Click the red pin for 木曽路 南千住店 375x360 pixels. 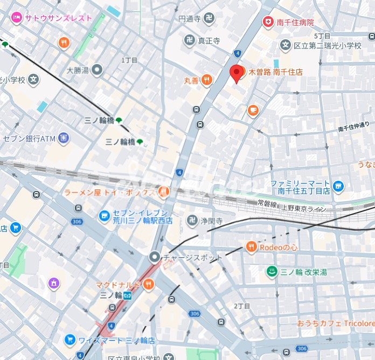pyautogui.click(x=236, y=73)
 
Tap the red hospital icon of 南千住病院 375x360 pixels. pyautogui.click(x=267, y=22)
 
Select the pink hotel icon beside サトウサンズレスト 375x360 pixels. pyautogui.click(x=17, y=18)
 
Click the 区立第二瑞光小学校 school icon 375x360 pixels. pyautogui.click(x=285, y=45)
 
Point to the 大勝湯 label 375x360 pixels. pyautogui.click(x=77, y=69)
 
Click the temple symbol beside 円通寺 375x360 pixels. pyautogui.click(x=209, y=19)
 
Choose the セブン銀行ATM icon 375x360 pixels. pyautogui.click(x=64, y=138)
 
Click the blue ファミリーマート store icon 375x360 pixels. pyautogui.click(x=338, y=187)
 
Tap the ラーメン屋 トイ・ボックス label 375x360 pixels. pyautogui.click(x=109, y=192)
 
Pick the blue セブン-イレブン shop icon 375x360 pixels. pyautogui.click(x=103, y=216)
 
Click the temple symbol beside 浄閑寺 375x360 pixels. pyautogui.click(x=191, y=220)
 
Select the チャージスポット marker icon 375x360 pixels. pyautogui.click(x=155, y=257)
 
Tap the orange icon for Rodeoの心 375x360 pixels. pyautogui.click(x=251, y=247)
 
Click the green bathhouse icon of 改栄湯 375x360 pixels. pyautogui.click(x=272, y=272)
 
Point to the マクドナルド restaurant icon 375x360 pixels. pyautogui.click(x=149, y=284)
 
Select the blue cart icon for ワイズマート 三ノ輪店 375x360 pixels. pyautogui.click(x=70, y=340)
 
